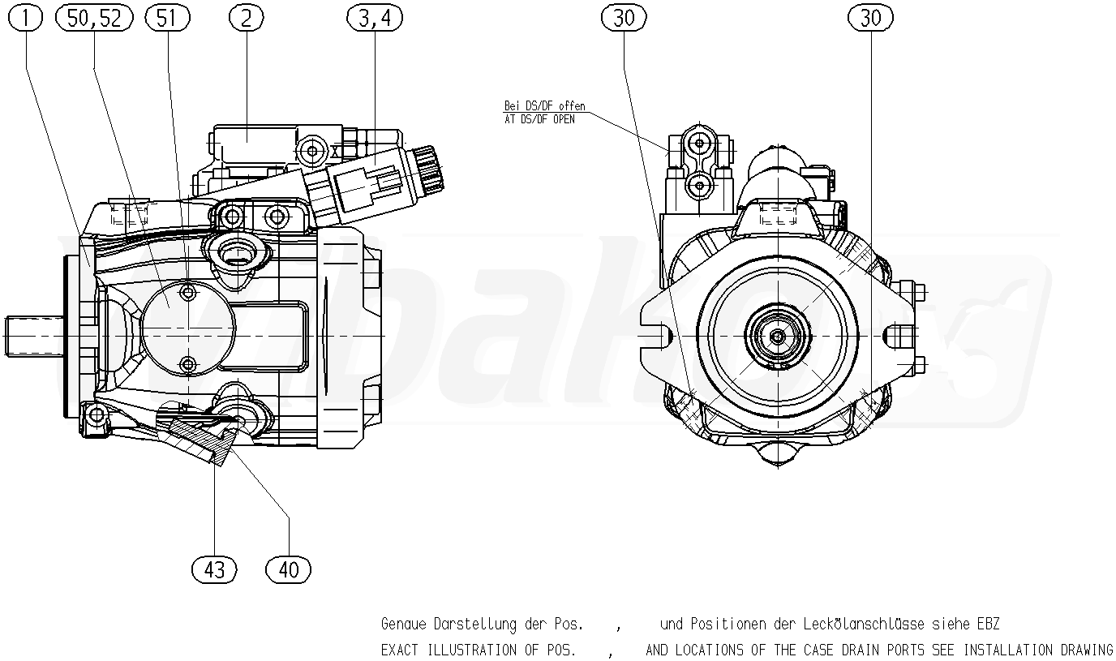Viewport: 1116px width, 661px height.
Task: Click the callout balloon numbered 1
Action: tap(28, 18)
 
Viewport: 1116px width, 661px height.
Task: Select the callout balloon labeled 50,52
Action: tap(94, 18)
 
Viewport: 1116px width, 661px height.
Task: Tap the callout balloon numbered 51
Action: tap(166, 18)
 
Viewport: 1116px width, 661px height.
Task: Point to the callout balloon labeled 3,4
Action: tap(375, 18)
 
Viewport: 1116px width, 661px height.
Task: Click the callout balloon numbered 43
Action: tap(214, 569)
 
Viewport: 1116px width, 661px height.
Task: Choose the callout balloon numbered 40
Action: tap(289, 569)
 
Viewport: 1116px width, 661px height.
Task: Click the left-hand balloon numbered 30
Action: tap(624, 18)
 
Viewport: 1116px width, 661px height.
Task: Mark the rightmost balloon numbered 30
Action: tap(870, 18)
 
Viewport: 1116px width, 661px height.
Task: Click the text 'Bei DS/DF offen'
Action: tap(544, 106)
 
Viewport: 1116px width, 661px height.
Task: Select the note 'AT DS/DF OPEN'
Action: tap(539, 119)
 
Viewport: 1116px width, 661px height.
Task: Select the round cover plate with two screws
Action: tap(187, 328)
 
